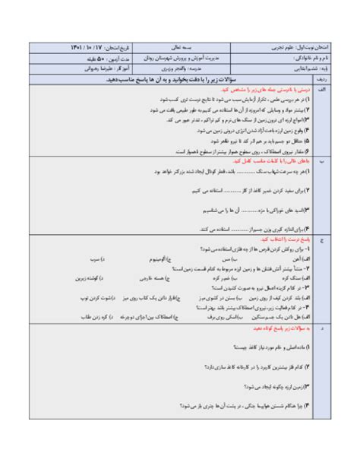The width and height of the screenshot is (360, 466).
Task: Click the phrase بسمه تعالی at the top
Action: [180, 47]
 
